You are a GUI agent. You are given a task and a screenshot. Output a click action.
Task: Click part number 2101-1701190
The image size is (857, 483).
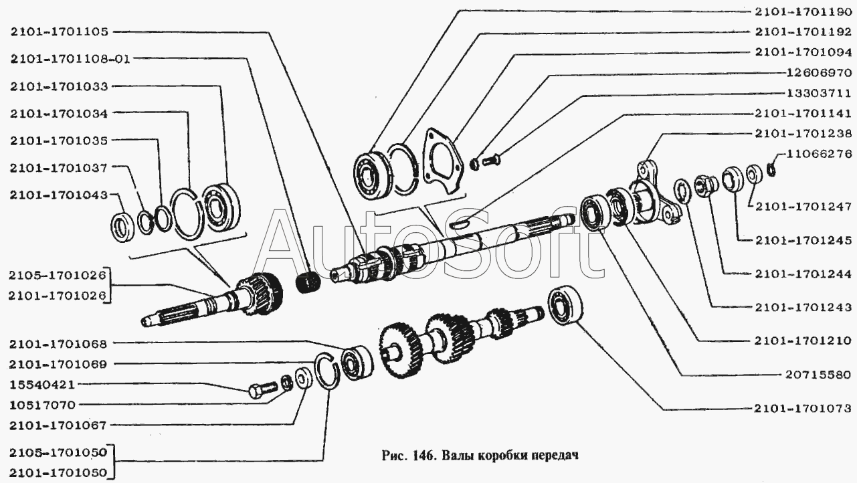[803, 12]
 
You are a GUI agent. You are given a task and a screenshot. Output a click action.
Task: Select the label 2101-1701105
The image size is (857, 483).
[60, 31]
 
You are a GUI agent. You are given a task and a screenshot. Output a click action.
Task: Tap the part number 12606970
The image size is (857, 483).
[819, 73]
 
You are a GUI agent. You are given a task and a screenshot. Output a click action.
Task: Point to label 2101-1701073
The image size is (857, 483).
[802, 409]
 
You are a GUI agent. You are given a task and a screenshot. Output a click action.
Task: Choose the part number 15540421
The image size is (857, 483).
[42, 385]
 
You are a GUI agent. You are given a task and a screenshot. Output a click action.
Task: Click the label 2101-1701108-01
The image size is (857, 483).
[71, 60]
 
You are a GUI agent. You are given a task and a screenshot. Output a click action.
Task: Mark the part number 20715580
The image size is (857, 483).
[818, 375]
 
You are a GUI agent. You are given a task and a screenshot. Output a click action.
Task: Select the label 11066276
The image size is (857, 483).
[819, 154]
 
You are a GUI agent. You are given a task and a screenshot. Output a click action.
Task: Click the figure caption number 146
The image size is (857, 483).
[419, 456]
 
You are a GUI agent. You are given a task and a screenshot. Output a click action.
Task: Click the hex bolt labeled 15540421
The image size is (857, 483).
[262, 390]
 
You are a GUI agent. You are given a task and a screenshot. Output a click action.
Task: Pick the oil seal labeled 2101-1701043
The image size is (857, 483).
[123, 227]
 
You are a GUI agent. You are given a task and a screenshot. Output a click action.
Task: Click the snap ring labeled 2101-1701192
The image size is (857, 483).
[404, 169]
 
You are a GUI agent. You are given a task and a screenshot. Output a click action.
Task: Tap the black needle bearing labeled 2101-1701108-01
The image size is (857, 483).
[308, 282]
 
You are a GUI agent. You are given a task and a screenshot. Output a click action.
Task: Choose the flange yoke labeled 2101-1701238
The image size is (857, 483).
[654, 194]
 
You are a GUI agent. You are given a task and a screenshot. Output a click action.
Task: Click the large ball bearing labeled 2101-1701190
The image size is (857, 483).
[373, 175]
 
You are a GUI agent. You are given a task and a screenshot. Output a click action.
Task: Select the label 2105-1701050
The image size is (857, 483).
[58, 453]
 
